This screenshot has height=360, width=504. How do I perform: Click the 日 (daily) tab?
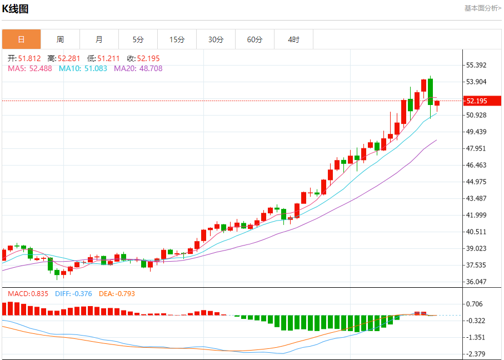click(21, 39)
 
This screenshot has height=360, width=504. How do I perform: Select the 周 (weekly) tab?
click(60, 39)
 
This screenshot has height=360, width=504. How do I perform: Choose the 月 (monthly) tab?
click(99, 39)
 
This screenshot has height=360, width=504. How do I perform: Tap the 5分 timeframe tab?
click(138, 39)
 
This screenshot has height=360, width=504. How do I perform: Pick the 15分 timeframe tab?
click(177, 39)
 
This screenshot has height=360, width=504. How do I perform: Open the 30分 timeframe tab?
click(216, 39)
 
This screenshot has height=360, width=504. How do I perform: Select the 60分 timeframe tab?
click(255, 39)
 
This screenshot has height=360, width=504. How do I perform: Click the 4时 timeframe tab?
click(293, 39)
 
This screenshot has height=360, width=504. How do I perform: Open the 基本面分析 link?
click(482, 8)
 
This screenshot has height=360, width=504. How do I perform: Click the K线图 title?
click(16, 9)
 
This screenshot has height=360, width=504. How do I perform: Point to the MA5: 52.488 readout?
click(30, 68)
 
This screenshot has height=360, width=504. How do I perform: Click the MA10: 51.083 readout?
click(83, 68)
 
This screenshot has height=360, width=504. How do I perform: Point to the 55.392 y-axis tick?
click(476, 65)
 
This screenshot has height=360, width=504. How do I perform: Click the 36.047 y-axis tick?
click(476, 282)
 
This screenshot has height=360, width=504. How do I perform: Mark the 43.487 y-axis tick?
click(476, 198)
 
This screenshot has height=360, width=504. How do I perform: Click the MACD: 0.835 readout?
click(28, 293)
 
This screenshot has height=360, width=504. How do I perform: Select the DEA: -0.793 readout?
click(117, 293)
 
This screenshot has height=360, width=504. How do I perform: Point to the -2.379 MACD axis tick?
click(476, 354)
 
